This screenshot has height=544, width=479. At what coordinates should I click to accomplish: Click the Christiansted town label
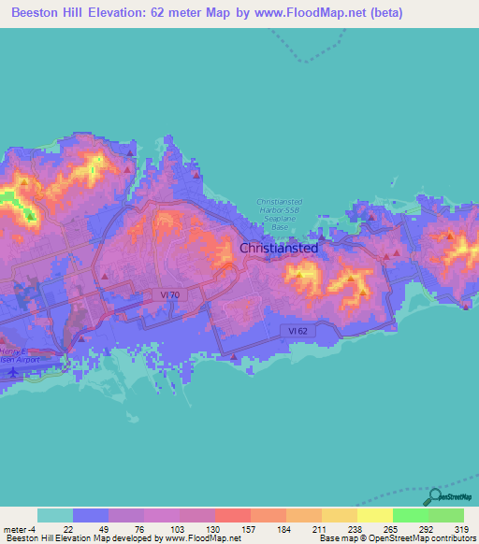coord(279,249)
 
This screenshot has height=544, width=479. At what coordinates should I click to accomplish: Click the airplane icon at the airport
coord(13,371)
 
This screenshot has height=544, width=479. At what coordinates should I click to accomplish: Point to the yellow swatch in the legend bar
coord(374,515)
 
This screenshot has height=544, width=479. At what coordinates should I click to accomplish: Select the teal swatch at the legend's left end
coord(54,515)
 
